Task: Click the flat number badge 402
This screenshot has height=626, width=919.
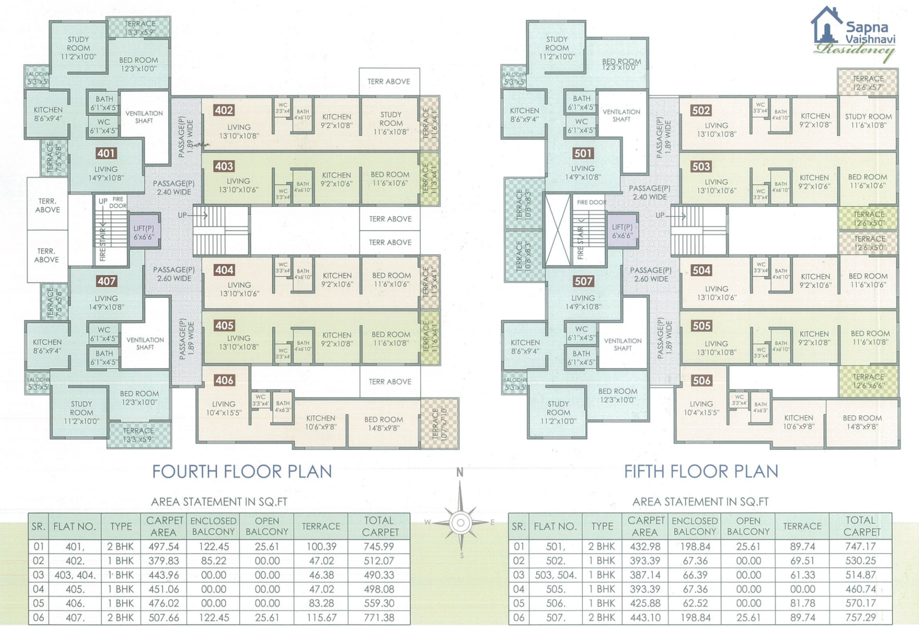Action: point(224,110)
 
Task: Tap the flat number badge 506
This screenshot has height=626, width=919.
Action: point(701,380)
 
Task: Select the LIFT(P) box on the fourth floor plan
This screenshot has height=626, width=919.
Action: point(144,232)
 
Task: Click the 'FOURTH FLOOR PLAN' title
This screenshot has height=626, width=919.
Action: point(242,471)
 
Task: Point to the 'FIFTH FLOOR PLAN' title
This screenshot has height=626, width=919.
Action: point(701,471)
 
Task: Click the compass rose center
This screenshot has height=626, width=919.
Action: point(461,522)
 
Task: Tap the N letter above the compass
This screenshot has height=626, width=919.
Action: point(460,472)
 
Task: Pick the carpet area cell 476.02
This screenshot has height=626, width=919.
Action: point(163,603)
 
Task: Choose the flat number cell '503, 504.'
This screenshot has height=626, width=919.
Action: point(556,575)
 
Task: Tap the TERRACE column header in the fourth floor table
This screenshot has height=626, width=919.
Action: point(321,526)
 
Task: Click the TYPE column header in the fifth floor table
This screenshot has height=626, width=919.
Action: point(602,526)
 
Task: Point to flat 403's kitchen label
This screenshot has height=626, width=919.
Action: point(336,179)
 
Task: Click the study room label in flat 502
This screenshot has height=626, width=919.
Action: point(868,121)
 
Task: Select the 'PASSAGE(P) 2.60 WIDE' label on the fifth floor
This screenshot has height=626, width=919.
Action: point(651,274)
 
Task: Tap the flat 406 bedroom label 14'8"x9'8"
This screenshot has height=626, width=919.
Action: point(383,424)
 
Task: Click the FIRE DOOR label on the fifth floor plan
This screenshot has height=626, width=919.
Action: point(591,202)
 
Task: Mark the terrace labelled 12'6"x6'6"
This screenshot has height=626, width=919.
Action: point(868,381)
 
